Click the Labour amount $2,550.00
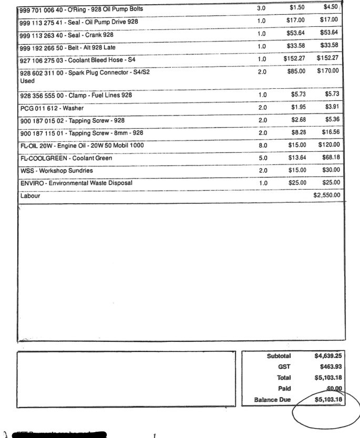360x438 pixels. pos(327,196)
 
